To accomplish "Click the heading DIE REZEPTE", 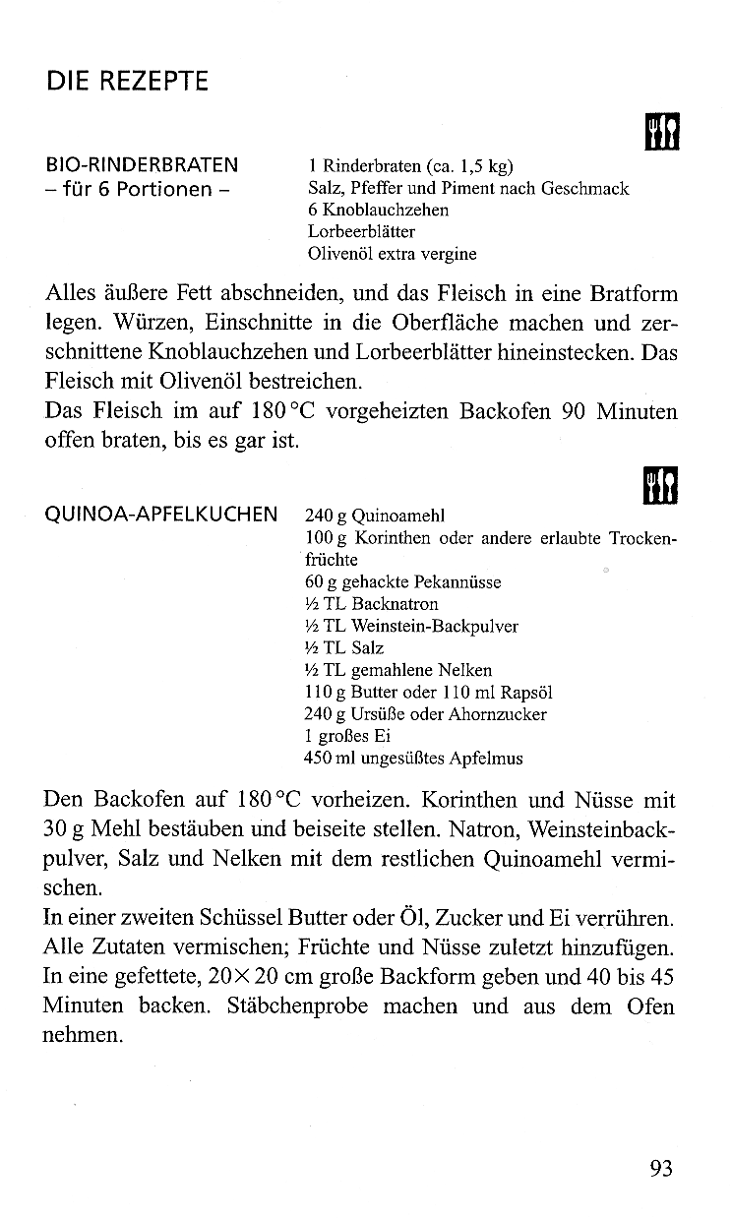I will pos(128,81).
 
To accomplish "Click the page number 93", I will pos(661,1168).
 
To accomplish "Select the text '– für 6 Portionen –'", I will pos(137,189).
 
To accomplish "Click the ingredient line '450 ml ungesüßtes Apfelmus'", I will pos(413,759).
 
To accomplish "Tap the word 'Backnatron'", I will pos(397,604).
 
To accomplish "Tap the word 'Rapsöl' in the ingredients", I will pos(528,693).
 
